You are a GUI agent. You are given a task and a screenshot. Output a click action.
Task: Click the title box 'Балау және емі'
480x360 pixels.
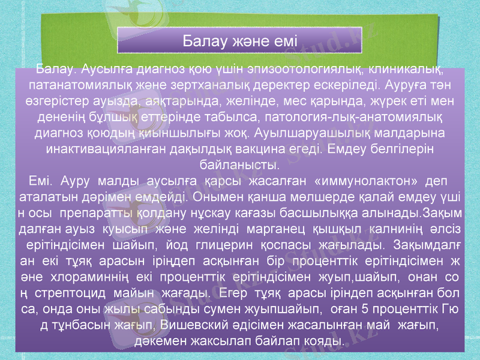[239, 41]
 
